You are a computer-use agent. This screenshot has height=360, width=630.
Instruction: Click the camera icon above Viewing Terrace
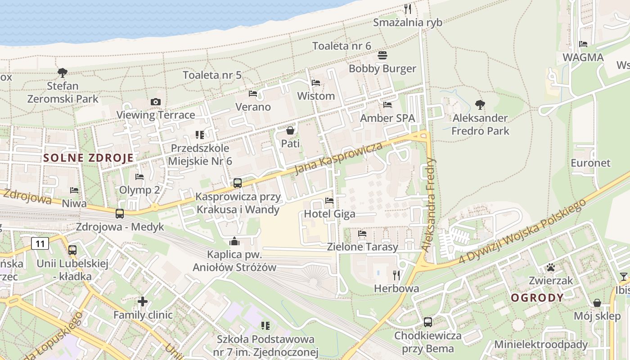pos(156,102)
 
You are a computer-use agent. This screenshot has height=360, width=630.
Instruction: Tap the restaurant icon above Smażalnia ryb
pos(408,9)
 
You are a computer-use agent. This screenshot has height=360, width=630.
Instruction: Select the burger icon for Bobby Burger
pos(382,55)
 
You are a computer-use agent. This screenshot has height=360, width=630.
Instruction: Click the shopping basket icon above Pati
pos(290,130)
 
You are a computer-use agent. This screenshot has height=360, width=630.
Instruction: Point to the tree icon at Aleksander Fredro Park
pos(480,105)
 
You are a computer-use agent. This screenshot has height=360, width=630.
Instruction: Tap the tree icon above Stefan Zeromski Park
pos(63,72)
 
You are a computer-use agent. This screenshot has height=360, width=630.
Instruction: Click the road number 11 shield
pos(40,244)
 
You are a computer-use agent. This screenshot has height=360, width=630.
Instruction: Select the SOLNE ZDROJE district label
pos(89,158)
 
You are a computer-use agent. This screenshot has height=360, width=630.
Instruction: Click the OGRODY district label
pos(537,297)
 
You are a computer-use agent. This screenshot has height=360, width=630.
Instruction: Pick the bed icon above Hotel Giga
pos(329,201)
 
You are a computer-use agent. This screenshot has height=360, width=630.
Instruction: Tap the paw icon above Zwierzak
pos(551,267)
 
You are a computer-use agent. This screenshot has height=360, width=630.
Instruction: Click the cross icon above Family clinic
pos(143,301)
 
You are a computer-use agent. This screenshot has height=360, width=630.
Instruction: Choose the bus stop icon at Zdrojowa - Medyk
pos(120,214)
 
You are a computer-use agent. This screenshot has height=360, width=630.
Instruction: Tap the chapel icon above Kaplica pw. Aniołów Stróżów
pos(234,242)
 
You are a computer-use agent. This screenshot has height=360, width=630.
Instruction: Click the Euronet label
pos(590,163)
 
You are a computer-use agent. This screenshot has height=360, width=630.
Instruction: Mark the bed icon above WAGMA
pos(583,44)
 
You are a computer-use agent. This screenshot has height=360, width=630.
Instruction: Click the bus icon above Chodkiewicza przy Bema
pos(428,322)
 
